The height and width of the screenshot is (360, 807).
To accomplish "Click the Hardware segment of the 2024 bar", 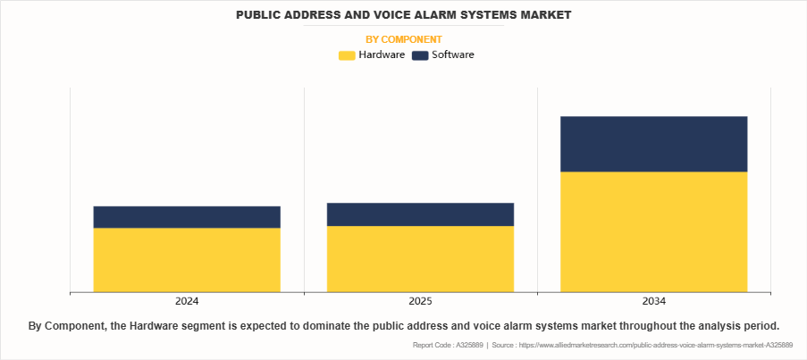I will pyautogui.click(x=187, y=259).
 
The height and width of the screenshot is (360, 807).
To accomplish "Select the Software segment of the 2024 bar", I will pyautogui.click(x=187, y=217).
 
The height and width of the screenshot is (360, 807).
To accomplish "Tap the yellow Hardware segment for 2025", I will pyautogui.click(x=420, y=258).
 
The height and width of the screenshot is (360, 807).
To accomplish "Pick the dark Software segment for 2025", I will pyautogui.click(x=420, y=214).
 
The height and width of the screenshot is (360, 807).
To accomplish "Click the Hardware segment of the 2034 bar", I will pyautogui.click(x=653, y=231).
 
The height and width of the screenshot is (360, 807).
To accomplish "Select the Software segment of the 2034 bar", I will pyautogui.click(x=653, y=144).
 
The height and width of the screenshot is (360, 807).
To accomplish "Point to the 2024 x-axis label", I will pyautogui.click(x=187, y=301).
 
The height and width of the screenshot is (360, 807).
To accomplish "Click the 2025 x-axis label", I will pyautogui.click(x=420, y=301).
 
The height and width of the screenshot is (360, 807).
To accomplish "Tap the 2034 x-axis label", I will pyautogui.click(x=653, y=301).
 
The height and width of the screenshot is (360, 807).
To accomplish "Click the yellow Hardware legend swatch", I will pyautogui.click(x=347, y=55).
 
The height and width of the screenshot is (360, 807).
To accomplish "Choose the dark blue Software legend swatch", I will pyautogui.click(x=419, y=55).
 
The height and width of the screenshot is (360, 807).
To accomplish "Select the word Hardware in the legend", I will pyautogui.click(x=382, y=55).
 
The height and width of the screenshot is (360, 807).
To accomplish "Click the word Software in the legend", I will pyautogui.click(x=452, y=55).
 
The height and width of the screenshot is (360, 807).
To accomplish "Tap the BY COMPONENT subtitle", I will pyautogui.click(x=404, y=39).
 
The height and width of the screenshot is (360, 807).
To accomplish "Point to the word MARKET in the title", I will pyautogui.click(x=543, y=15).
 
